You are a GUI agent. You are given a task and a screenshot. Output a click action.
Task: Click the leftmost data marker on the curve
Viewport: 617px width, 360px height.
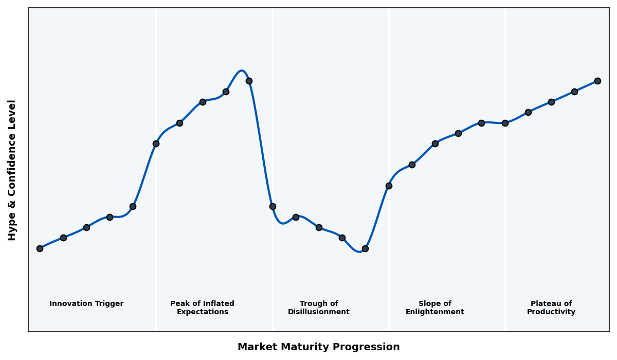click(40, 248)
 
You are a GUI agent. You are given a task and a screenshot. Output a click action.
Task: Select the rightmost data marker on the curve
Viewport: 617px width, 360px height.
click(597, 81)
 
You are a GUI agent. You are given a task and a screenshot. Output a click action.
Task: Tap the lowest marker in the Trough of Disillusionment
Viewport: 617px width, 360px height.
click(365, 248)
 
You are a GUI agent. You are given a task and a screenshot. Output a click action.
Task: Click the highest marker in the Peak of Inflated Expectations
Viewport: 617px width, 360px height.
click(249, 81)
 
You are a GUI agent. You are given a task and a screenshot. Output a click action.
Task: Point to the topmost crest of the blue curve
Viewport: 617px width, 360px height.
click(241, 70)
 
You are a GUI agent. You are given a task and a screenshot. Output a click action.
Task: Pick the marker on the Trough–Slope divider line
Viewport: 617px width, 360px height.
click(389, 186)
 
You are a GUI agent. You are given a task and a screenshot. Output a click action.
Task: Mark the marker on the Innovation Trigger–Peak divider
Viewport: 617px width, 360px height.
click(156, 143)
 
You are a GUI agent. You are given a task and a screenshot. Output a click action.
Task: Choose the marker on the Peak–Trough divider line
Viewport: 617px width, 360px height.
click(273, 206)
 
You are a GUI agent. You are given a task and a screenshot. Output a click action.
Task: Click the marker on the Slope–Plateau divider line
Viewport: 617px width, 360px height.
click(505, 123)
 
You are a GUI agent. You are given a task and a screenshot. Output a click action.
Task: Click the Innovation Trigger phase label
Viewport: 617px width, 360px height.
click(86, 304)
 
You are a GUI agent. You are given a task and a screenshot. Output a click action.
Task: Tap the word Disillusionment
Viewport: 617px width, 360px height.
click(319, 312)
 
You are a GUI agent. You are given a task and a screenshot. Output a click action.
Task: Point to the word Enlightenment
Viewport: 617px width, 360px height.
click(435, 312)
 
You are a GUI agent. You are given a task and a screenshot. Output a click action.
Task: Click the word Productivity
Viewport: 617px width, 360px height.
click(551, 312)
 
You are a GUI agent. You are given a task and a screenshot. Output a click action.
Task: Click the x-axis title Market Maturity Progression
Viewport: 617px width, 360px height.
click(319, 347)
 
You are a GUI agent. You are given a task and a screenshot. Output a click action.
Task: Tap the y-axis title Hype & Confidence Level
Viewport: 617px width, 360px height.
click(12, 170)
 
